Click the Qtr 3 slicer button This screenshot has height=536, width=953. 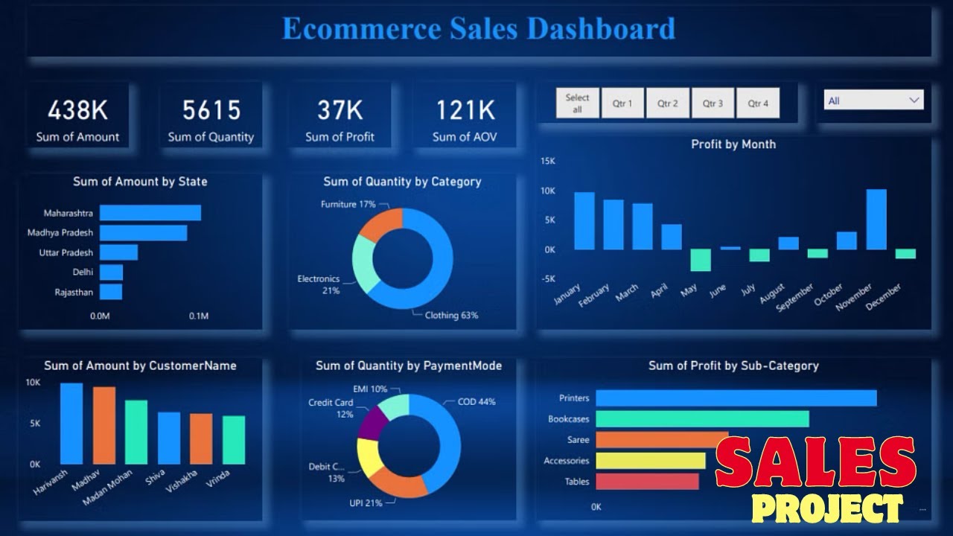[x=713, y=103]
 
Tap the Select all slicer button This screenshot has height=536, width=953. [x=577, y=103]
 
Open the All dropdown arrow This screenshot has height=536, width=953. [x=914, y=100]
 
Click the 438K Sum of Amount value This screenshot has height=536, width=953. [x=77, y=111]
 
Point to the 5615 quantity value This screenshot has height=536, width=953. [x=211, y=111]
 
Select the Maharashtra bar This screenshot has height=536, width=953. [x=150, y=213]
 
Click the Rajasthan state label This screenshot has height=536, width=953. [x=74, y=293]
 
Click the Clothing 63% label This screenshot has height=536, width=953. [x=451, y=316]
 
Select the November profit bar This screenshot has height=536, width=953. [x=876, y=220]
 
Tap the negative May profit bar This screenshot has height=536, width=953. [x=701, y=260]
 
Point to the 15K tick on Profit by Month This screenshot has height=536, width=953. [x=548, y=161]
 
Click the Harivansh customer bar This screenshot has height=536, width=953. [x=71, y=424]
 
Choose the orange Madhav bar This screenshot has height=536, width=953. [x=104, y=425]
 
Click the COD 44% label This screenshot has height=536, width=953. [x=476, y=402]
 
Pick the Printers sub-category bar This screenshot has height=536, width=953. [x=736, y=398]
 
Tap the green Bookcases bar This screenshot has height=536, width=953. [x=702, y=419]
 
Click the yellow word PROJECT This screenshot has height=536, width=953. [x=826, y=509]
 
